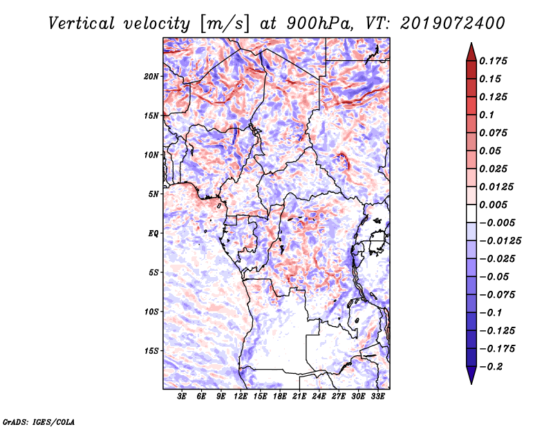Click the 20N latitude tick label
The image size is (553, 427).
151,76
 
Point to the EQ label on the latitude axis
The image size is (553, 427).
153,234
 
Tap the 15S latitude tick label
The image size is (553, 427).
151,351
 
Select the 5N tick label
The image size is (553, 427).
153,194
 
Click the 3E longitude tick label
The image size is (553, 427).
182,396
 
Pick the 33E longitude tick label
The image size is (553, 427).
377,396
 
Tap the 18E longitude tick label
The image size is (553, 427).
280,396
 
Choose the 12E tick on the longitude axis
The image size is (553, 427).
241,396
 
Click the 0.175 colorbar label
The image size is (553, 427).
493,61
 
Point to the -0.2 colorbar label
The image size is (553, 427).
491,367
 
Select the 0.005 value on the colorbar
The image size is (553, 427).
493,205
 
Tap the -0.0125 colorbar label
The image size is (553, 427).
500,241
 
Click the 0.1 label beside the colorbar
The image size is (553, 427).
487,115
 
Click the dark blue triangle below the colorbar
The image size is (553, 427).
471,374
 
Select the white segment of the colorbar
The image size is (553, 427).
471,213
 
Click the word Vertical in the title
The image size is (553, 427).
82,23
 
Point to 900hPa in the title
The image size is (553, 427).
319,23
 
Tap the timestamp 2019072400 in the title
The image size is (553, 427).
453,23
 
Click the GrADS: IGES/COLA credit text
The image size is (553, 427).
39,421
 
